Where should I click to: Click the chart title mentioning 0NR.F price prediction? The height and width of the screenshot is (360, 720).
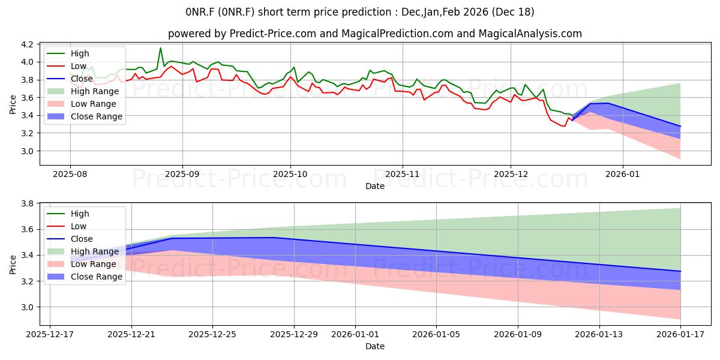(x=360, y=12)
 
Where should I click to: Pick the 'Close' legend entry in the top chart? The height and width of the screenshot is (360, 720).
(x=82, y=79)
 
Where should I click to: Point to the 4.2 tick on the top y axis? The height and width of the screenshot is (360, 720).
(x=28, y=44)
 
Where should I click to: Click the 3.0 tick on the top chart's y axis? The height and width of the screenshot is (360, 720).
(x=28, y=151)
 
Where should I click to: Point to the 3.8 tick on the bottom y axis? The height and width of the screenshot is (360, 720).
(x=28, y=203)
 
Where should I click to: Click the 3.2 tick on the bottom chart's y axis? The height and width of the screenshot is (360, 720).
(x=28, y=281)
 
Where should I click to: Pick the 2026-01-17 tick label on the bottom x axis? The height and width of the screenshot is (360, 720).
(x=680, y=335)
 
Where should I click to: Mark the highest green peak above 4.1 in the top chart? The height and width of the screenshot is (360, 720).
(x=160, y=48)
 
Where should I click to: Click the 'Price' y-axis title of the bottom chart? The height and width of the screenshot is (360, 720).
(x=13, y=263)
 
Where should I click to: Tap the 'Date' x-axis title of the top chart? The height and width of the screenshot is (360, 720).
(x=375, y=186)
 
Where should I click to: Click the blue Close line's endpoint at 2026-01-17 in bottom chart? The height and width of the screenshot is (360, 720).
(x=680, y=271)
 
